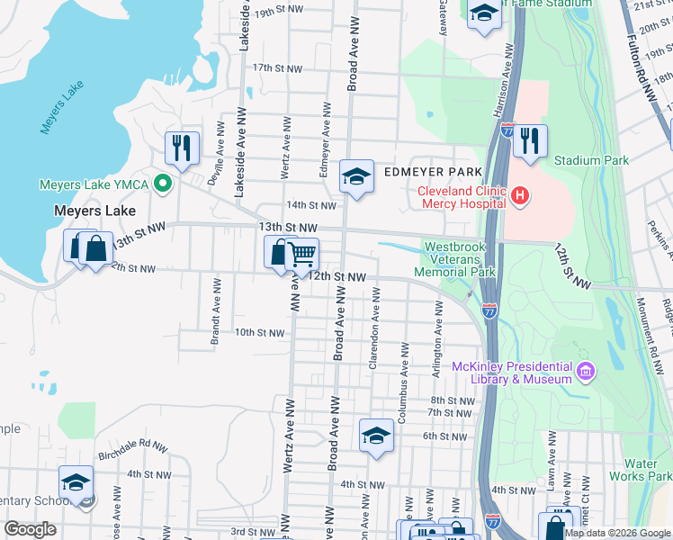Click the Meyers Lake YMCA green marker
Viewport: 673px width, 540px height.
[163, 184]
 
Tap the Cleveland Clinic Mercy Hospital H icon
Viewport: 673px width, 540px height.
[518, 194]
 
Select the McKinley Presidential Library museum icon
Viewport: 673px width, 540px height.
[586, 371]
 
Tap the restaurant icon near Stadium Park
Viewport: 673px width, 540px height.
[530, 139]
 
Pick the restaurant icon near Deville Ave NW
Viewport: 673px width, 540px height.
[182, 146]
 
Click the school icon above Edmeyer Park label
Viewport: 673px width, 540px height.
[356, 175]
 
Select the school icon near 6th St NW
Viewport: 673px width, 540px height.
[375, 436]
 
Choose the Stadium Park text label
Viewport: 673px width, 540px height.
[591, 160]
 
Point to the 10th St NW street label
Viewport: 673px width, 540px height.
[259, 332]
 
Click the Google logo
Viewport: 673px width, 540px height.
[30, 529]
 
